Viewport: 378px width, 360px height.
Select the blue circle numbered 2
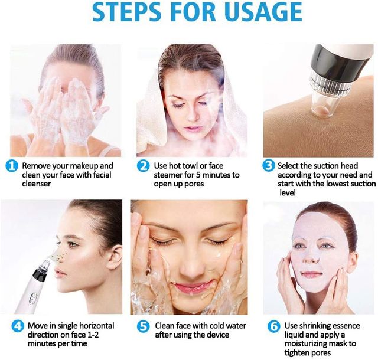(143, 166)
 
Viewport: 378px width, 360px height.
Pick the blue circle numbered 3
(269, 166)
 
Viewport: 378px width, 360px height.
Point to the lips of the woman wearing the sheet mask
(312, 274)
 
